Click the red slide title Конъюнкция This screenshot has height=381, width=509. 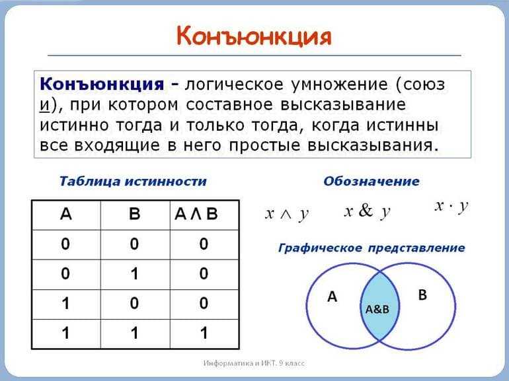click(x=254, y=36)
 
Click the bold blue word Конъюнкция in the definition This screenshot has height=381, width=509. click(x=102, y=85)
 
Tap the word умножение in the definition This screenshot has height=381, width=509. click(x=339, y=85)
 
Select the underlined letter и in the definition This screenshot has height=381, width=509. click(x=44, y=105)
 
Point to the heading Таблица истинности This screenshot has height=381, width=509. click(x=133, y=182)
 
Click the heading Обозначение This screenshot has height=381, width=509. click(x=372, y=181)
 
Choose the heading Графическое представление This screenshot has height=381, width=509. click(x=372, y=248)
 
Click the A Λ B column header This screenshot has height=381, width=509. click(x=196, y=214)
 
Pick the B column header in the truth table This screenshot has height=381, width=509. click(x=134, y=214)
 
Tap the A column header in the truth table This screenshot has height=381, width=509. click(x=66, y=214)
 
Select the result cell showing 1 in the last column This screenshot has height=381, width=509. click(x=204, y=333)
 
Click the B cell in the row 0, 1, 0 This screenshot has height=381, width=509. click(x=134, y=273)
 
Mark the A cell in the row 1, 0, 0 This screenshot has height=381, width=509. click(x=65, y=304)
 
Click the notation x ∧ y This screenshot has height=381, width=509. click(x=287, y=215)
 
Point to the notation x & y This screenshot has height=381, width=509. click(x=367, y=211)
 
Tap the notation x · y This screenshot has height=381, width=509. click(x=451, y=206)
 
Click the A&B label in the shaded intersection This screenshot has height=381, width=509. click(x=377, y=309)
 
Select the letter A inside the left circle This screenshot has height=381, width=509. click(x=332, y=296)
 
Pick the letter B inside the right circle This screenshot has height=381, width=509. click(x=422, y=295)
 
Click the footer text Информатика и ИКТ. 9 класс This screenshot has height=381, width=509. click(x=255, y=363)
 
